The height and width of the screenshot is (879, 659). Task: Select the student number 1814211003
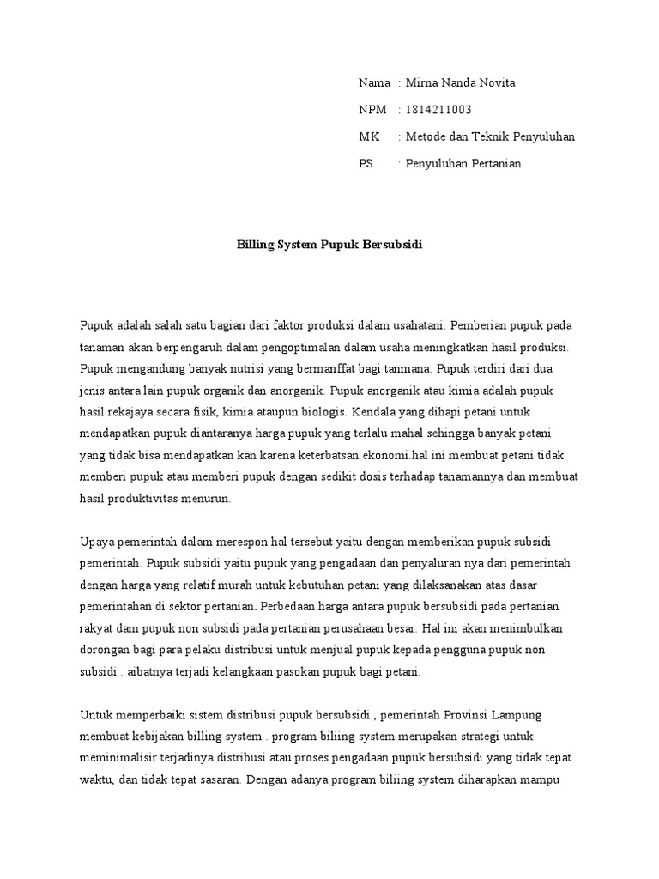[438, 110]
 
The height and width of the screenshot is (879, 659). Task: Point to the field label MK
[367, 136]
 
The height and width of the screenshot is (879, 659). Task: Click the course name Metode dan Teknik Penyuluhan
[490, 136]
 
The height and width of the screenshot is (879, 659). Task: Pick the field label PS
[366, 163]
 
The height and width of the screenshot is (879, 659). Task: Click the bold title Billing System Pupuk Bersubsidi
[329, 245]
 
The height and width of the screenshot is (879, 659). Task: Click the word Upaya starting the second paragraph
[96, 542]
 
